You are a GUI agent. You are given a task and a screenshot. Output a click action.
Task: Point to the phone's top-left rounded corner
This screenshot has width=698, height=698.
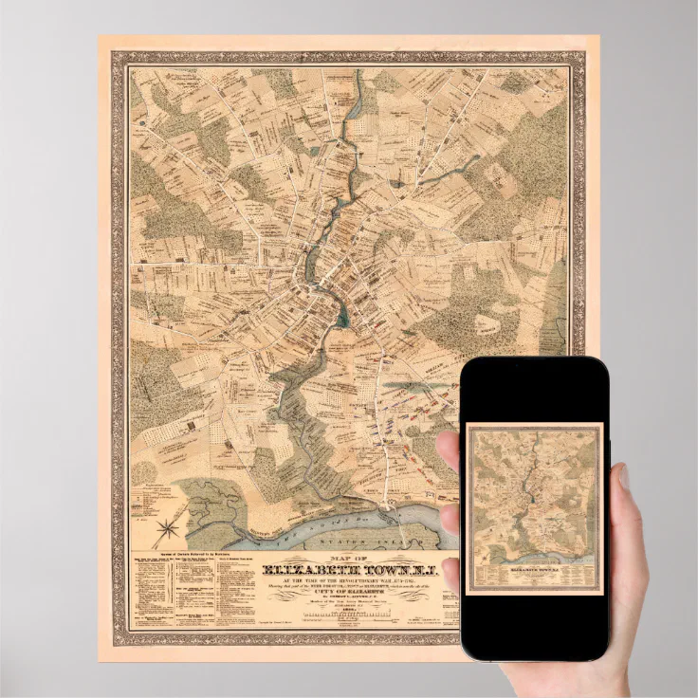[x=467, y=366]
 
